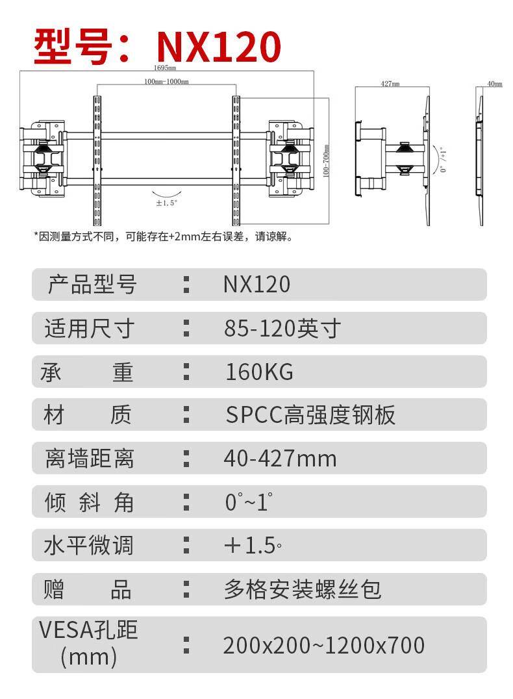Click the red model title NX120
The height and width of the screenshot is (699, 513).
tap(219, 46)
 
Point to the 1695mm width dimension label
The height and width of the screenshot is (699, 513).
tap(165, 68)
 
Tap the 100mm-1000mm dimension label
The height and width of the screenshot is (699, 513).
tap(166, 82)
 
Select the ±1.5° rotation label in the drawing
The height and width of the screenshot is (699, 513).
tap(167, 203)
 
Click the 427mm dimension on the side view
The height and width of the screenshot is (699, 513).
tap(390, 84)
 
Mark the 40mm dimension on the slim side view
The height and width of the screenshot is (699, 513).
tap(494, 84)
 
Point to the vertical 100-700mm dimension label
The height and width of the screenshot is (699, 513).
tap(327, 162)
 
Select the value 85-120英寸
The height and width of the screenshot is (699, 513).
tap(282, 329)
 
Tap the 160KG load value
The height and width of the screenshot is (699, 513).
tap(259, 372)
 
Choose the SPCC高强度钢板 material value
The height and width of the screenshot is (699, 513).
tap(310, 415)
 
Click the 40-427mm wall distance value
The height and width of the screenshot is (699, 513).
tap(281, 459)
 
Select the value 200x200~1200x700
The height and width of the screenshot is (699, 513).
tap(323, 645)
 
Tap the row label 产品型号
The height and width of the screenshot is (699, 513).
tap(92, 285)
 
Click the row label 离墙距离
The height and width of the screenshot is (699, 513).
tap(90, 459)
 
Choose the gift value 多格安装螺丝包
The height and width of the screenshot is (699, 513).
tap(303, 589)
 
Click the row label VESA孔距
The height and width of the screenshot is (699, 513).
tap(88, 630)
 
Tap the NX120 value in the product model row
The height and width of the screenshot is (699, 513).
tap(256, 285)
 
